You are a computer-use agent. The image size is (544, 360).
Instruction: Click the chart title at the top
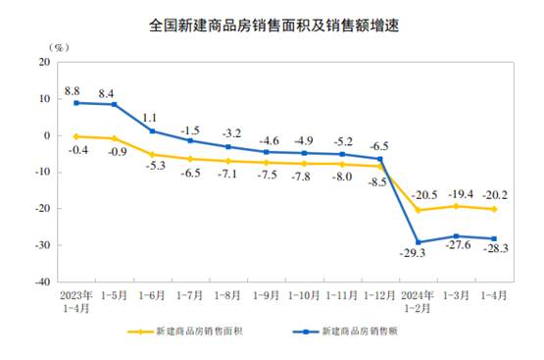coord(272,21)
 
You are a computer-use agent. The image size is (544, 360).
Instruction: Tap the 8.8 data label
coord(72,90)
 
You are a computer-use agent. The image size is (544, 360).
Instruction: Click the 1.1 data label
coord(152,118)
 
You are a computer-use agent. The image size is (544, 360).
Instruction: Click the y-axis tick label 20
coord(44,62)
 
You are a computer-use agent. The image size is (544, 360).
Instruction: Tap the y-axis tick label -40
coord(42,282)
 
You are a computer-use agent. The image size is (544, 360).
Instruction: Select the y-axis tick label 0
coord(47,135)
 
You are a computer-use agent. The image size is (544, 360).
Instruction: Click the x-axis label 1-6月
coord(152,293)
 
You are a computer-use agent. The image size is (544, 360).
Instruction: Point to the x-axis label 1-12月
coord(380,293)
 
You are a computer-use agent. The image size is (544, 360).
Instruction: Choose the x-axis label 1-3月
coord(457,293)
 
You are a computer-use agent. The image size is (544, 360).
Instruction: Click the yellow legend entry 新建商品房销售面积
coord(189,332)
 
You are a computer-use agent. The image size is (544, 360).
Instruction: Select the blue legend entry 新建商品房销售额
coord(353,332)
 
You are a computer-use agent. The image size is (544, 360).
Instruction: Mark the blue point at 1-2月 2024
coord(420,242)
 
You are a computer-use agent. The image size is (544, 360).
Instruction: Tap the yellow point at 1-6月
coord(152,154)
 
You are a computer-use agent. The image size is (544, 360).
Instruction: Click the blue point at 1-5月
coord(114,104)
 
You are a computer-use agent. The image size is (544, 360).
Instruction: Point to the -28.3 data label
coord(494,251)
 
